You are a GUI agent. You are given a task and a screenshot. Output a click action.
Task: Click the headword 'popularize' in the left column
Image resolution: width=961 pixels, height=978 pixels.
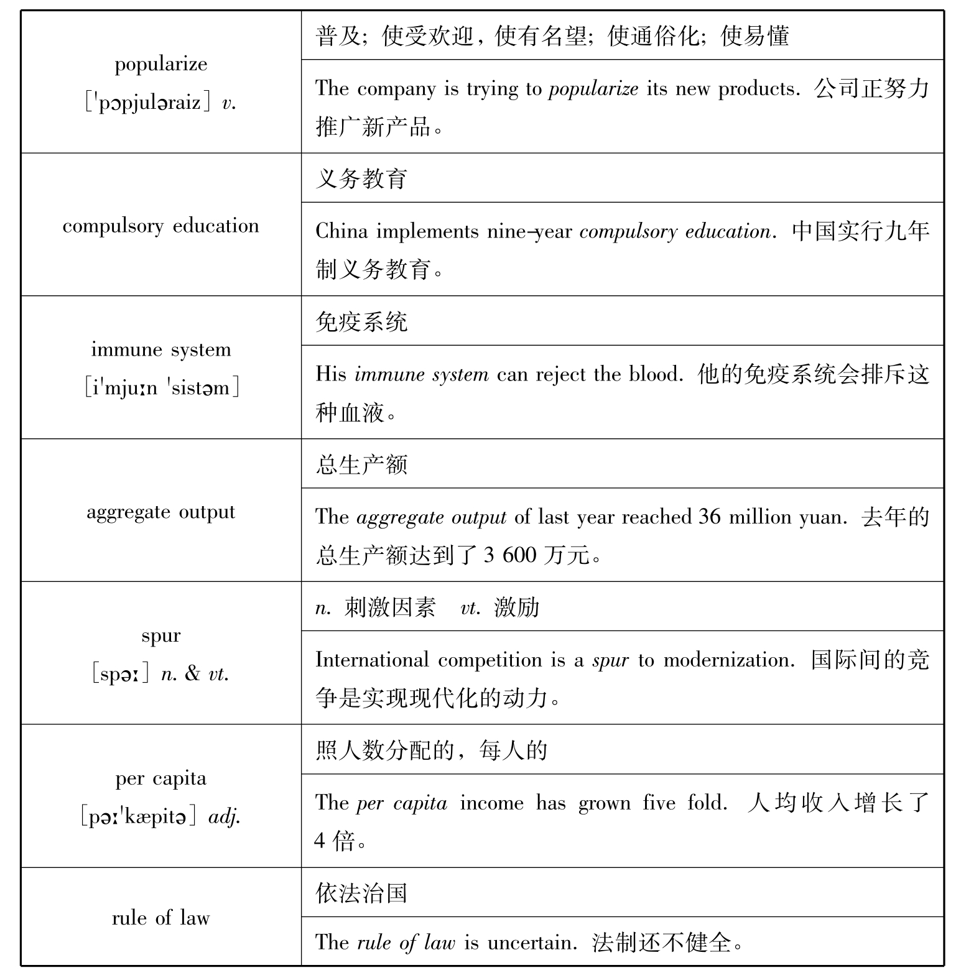(161, 65)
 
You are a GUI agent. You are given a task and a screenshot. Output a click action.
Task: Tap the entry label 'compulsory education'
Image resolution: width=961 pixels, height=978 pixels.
(161, 226)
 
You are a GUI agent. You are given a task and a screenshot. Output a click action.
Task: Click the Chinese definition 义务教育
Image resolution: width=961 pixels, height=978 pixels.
(361, 179)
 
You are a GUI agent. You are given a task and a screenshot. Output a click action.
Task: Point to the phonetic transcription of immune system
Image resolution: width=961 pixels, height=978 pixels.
(162, 388)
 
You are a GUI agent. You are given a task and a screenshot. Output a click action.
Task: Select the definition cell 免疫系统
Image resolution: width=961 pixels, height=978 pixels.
(361, 322)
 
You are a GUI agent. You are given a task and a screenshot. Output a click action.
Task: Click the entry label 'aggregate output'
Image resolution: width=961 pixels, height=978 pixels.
(161, 512)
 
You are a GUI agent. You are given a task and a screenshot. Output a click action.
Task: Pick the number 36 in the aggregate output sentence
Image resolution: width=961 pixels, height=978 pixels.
(710, 517)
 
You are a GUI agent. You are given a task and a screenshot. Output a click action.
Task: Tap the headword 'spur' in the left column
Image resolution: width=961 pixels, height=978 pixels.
(161, 635)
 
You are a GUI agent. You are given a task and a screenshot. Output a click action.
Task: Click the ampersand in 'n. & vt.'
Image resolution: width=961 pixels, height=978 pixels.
(193, 673)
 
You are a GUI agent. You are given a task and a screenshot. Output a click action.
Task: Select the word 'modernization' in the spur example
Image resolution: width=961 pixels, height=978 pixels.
(728, 660)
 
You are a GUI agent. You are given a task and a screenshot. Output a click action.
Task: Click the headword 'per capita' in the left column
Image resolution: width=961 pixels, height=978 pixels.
(161, 778)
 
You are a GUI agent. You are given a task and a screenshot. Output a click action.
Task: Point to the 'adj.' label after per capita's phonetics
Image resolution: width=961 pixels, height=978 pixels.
(225, 817)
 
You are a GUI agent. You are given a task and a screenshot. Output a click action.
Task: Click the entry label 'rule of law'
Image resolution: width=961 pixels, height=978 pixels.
(161, 918)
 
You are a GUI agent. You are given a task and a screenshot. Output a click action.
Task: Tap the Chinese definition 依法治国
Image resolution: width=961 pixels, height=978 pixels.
(361, 893)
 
